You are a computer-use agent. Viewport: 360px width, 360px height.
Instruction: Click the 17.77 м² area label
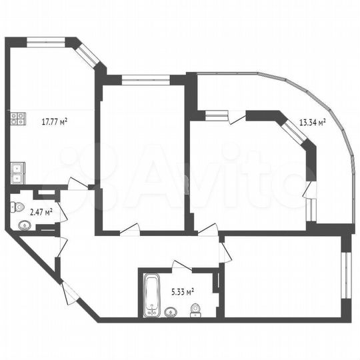coord(56,121)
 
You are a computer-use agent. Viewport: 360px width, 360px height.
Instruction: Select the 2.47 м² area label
coord(22,212)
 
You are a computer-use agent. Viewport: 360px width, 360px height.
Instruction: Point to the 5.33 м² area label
coord(181,291)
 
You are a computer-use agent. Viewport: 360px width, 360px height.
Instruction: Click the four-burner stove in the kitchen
coord(17,120)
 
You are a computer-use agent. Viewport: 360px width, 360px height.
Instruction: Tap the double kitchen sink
coord(17,171)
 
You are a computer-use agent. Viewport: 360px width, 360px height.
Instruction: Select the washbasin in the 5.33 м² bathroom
coord(171,310)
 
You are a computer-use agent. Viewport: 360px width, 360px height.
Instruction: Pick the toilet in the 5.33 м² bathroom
coord(196,309)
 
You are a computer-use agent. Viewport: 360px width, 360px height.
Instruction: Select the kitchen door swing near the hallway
coord(78,185)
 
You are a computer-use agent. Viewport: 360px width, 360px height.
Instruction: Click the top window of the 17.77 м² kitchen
coord(45,43)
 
